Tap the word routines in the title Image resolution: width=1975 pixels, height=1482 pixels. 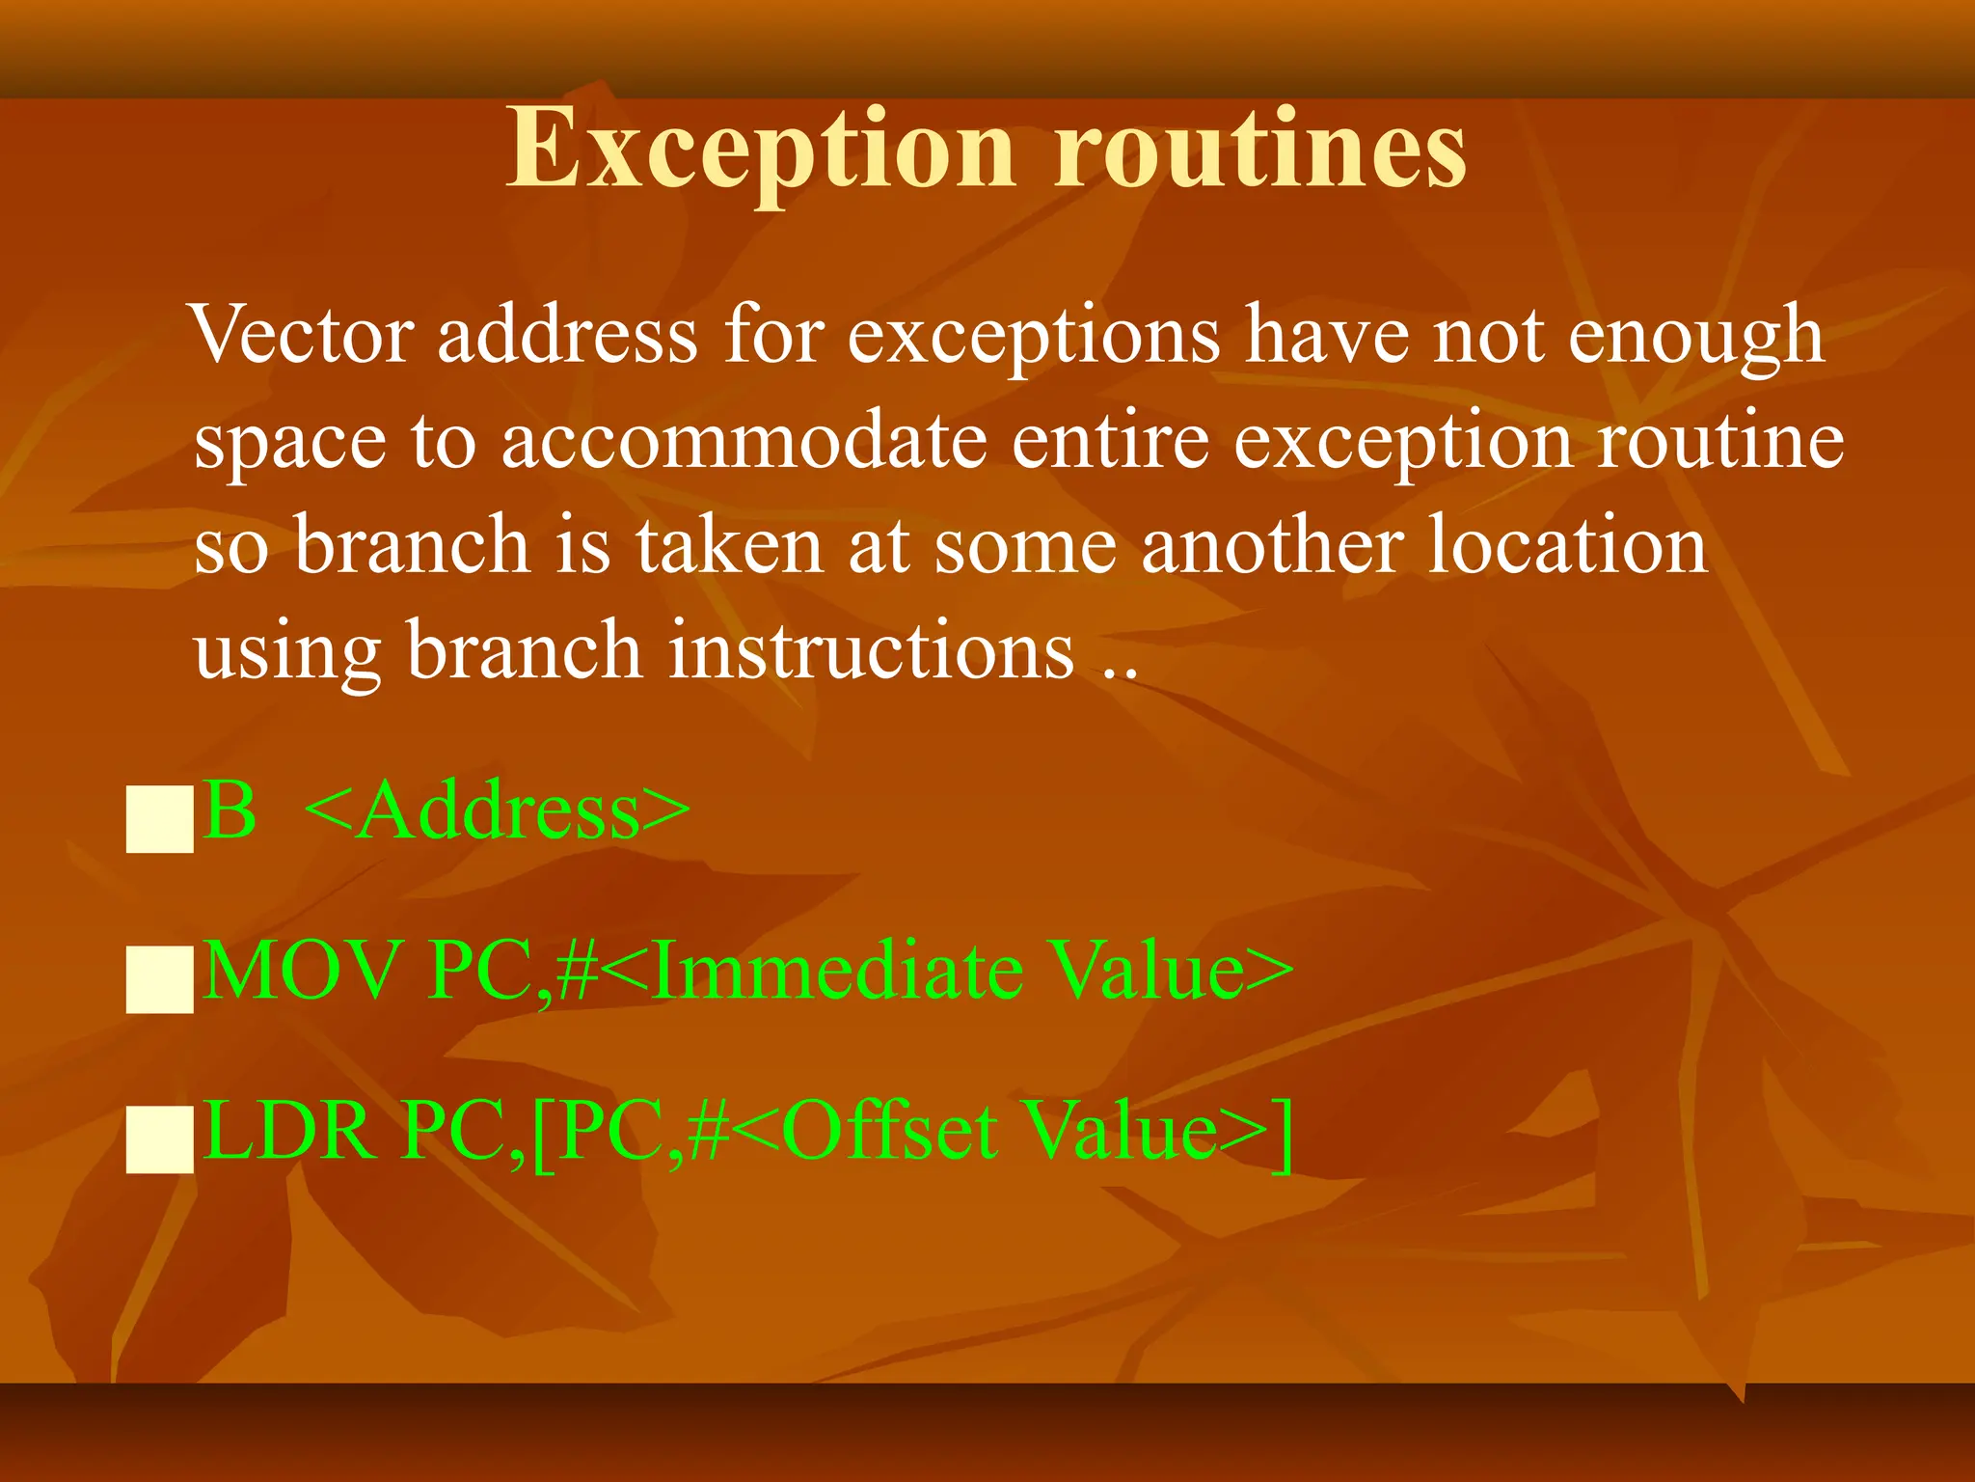click(x=1259, y=150)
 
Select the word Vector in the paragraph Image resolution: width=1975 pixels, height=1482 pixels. click(x=303, y=335)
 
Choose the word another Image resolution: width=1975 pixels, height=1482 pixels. click(x=1272, y=544)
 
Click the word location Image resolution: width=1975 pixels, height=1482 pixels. click(x=1566, y=544)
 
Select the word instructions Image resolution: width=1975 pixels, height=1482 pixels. click(x=872, y=649)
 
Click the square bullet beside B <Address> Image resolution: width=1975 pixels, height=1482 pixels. click(x=160, y=819)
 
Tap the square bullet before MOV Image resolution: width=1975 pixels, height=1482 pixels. click(x=160, y=979)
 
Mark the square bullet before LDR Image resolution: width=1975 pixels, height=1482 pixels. click(x=160, y=1139)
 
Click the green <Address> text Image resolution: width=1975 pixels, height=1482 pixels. click(x=498, y=810)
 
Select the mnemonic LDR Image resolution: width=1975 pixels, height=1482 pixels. click(x=289, y=1130)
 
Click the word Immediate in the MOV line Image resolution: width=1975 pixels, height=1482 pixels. click(x=837, y=970)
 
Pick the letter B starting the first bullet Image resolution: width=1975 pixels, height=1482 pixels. click(x=230, y=810)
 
